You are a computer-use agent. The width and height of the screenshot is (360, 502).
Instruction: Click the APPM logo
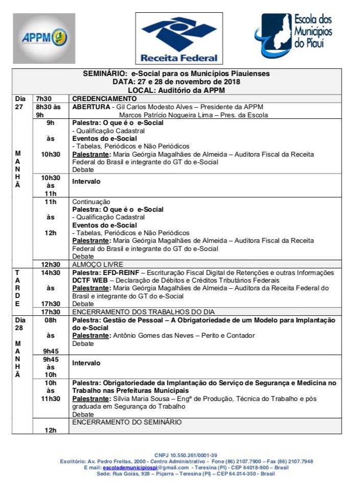coord(44,38)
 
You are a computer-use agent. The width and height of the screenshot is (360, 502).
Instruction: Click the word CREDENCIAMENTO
coord(105,98)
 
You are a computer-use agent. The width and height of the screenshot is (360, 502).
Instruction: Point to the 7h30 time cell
coord(43,98)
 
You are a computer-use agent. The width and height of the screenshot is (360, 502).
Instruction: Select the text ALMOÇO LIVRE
coord(97,264)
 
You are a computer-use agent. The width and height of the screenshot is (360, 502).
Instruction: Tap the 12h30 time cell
coord(51,264)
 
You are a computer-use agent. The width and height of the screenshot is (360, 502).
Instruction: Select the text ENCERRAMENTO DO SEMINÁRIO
coord(127,422)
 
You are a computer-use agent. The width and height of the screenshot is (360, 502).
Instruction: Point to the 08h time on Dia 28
coord(51,320)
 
